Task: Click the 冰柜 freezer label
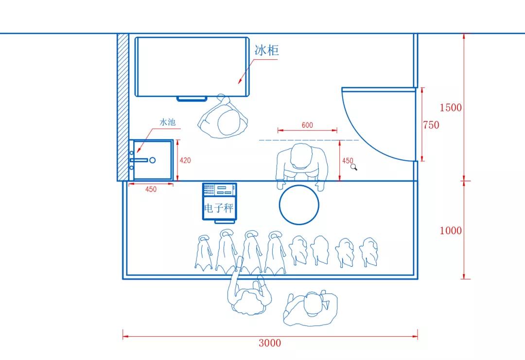point(266,50)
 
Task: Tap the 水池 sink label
point(167,122)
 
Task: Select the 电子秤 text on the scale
point(219,208)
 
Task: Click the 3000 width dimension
point(270,343)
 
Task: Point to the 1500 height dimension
point(450,107)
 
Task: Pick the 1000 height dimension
point(450,230)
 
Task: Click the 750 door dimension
point(431,125)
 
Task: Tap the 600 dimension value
point(307,125)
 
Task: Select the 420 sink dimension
point(185,160)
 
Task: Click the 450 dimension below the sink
point(151,189)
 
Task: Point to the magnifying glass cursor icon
point(354,167)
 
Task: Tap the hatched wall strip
point(123,107)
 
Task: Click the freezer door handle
point(192,99)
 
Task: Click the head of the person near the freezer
point(229,122)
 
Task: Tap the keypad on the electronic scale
point(209,189)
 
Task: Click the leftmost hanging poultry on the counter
point(203,252)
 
